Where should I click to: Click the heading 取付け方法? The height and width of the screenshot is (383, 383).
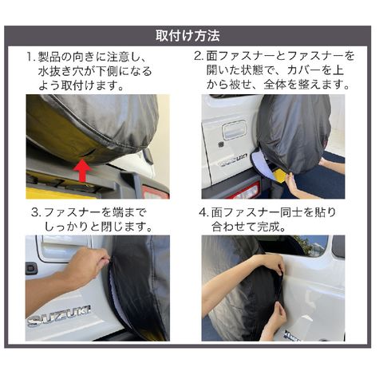[x=188, y=36]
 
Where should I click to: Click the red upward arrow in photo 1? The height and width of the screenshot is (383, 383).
[x=83, y=170]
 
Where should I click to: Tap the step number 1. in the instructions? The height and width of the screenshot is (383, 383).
[x=31, y=57]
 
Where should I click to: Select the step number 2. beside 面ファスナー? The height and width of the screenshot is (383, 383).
[x=199, y=56]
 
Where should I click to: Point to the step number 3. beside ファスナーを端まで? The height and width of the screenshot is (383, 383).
[x=37, y=212]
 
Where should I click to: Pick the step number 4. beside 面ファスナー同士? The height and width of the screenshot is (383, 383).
[x=203, y=212]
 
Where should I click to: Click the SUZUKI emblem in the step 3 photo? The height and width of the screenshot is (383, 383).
[x=59, y=316]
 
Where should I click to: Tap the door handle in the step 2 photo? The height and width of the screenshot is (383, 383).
[x=235, y=129]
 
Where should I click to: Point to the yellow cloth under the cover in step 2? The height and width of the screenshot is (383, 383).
[x=282, y=176]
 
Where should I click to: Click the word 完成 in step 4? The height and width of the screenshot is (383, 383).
[x=268, y=227]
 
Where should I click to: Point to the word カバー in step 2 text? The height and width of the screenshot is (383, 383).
[x=303, y=71]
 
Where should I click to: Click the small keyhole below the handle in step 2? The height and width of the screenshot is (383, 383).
[x=220, y=145]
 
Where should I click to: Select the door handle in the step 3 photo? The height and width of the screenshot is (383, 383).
[x=64, y=247]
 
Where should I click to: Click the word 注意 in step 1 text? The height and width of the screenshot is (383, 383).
[x=118, y=57]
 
